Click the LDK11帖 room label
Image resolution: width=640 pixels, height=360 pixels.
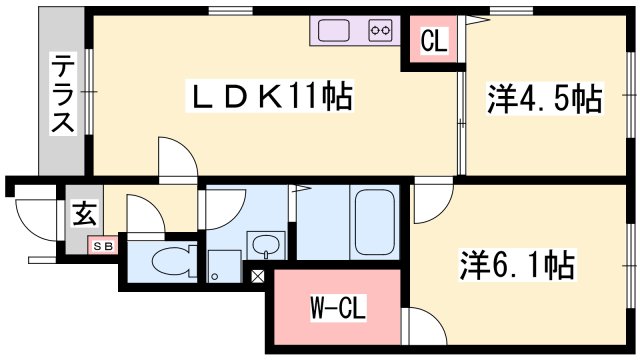[x=269, y=97]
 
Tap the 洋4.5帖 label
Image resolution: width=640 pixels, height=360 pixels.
[x=544, y=99]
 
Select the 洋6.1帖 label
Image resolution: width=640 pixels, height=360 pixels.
[x=518, y=264]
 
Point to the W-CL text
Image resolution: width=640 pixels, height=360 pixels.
[x=338, y=308]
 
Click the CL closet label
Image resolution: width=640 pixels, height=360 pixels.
[x=434, y=40]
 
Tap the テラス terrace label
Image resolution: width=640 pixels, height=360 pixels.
[x=63, y=95]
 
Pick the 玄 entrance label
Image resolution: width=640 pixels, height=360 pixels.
[x=84, y=214]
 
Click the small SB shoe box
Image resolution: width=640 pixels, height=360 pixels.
[x=103, y=246]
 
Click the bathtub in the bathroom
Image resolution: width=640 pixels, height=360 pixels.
[x=374, y=222]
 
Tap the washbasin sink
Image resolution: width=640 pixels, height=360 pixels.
[x=266, y=246]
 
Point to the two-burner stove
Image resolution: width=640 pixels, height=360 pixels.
[x=380, y=30]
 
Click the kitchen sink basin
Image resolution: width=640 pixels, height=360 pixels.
[x=334, y=31]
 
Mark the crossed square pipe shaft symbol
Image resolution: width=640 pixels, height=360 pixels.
[x=257, y=276]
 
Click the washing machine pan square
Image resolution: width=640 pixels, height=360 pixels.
[x=224, y=266]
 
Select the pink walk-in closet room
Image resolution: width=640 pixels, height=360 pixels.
[x=338, y=307]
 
